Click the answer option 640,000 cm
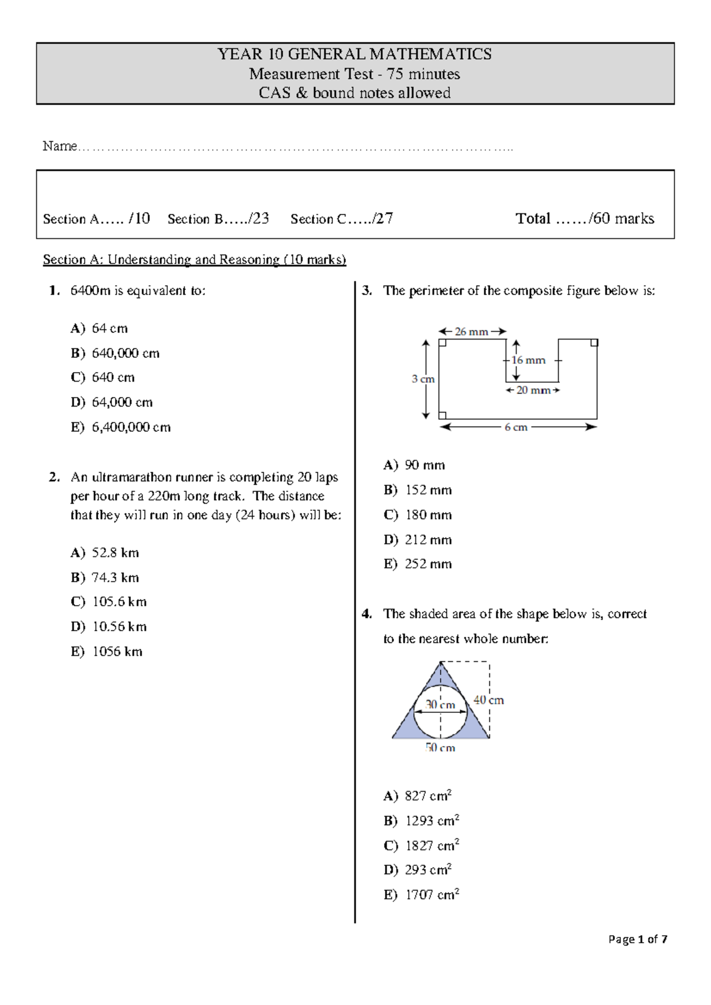[125, 353]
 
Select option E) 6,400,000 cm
[130, 427]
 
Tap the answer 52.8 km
[115, 553]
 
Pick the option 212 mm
[428, 540]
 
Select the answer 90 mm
[424, 465]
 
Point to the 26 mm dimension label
[471, 332]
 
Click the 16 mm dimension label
[529, 360]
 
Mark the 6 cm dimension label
[515, 427]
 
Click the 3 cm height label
[422, 379]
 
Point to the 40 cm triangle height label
[488, 700]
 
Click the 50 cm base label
[440, 748]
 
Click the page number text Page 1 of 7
[638, 939]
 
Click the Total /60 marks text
[584, 219]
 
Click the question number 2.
[55, 478]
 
